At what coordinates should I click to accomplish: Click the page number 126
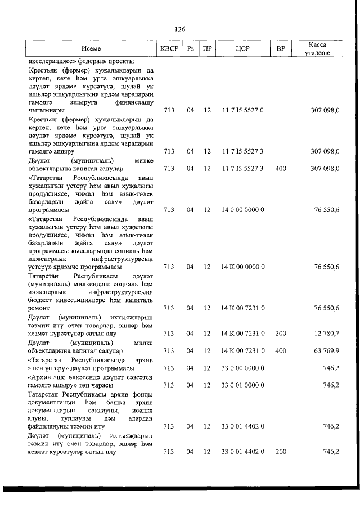pos(180,29)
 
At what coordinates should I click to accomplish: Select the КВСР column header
pos(169,48)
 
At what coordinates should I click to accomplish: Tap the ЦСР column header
pos(243,48)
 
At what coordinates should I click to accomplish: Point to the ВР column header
pos(281,48)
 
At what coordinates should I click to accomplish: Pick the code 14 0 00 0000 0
pos(243,210)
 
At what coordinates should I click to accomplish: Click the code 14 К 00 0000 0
pos(243,267)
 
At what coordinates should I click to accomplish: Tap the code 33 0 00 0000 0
pos(243,368)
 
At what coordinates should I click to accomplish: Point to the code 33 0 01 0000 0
pos(243,385)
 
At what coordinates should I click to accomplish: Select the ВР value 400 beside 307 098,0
pos(281,168)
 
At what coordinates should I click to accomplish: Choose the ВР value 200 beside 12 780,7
pos(281,334)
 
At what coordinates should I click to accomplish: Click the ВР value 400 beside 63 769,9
pos(281,351)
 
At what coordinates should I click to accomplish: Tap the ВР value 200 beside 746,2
pos(281,452)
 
